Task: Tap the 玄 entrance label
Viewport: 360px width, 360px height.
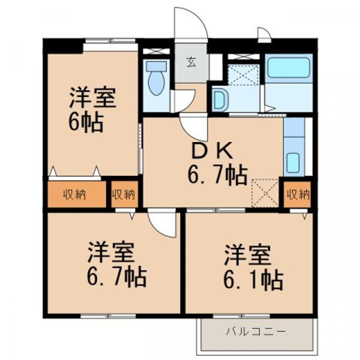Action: (191, 62)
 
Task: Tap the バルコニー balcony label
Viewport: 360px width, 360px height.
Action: (255, 331)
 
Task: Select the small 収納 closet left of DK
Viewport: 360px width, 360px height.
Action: (123, 194)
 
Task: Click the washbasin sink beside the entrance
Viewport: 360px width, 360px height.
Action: (218, 100)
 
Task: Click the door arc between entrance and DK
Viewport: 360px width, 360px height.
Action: (193, 127)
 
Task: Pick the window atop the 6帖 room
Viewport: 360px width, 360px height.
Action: (110, 42)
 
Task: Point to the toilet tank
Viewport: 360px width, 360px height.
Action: (156, 66)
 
